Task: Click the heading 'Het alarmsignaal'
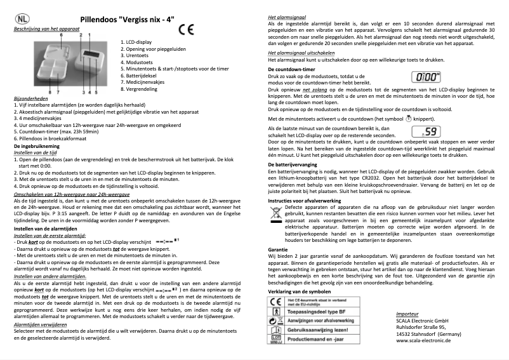pos(288,13)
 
